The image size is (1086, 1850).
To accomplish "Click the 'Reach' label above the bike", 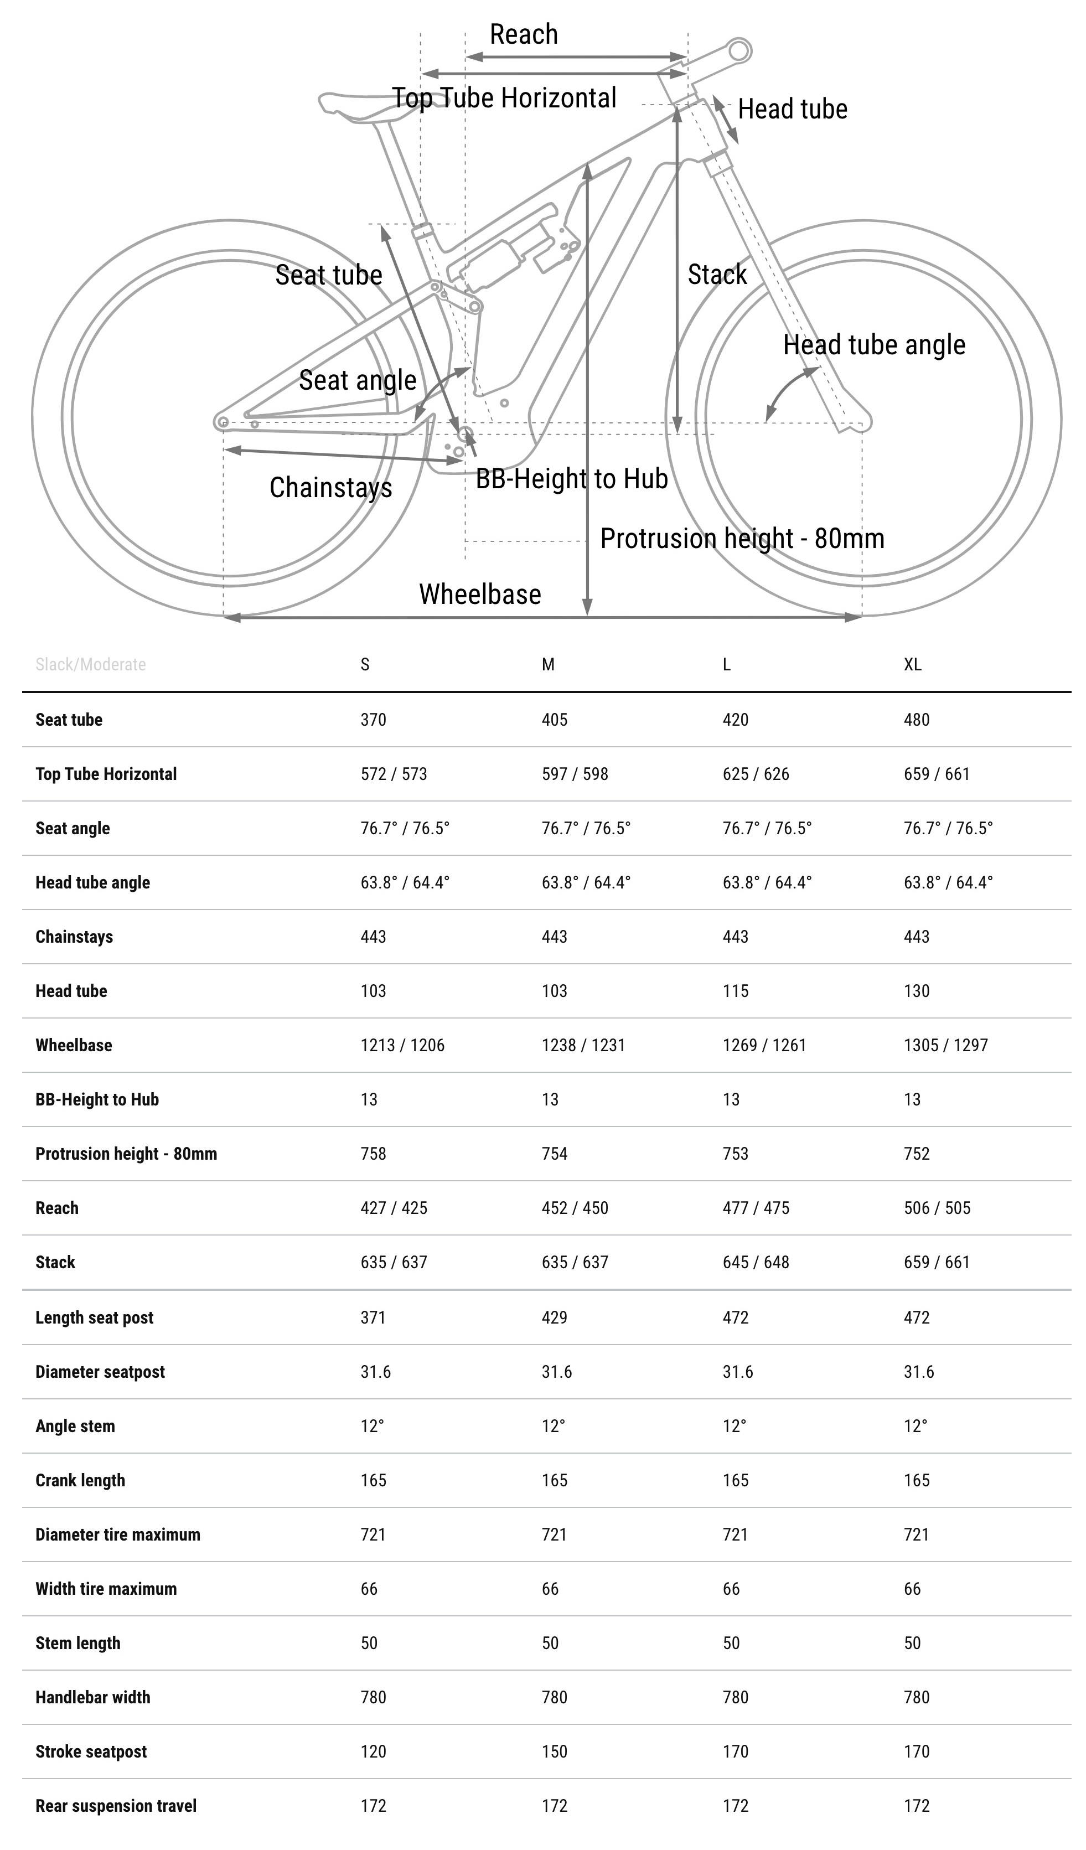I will click(524, 34).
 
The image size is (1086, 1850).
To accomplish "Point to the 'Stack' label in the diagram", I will click(717, 275).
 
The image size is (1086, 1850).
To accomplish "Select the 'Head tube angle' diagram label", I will click(874, 344).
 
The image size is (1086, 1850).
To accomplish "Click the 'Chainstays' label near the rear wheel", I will click(330, 488).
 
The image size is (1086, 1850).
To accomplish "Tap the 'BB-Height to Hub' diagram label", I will click(571, 479).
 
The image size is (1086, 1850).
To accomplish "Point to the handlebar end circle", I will click(739, 51).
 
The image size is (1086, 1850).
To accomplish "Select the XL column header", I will click(912, 664).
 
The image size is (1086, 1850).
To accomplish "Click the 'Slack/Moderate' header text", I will click(90, 664).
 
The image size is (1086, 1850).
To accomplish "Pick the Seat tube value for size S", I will click(373, 720).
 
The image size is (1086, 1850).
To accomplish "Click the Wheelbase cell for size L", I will click(764, 1045).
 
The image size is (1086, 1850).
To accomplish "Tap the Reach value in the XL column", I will click(936, 1208).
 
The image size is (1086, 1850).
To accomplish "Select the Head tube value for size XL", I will click(917, 991).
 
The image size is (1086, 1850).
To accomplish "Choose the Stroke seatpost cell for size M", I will click(555, 1751).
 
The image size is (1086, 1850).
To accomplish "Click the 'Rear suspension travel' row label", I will click(116, 1806).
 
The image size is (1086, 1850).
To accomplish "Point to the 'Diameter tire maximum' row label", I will click(117, 1534).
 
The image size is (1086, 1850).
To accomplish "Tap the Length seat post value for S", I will click(373, 1318).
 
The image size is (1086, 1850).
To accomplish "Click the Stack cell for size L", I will click(756, 1263).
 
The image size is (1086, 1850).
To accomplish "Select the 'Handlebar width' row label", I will click(92, 1697).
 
